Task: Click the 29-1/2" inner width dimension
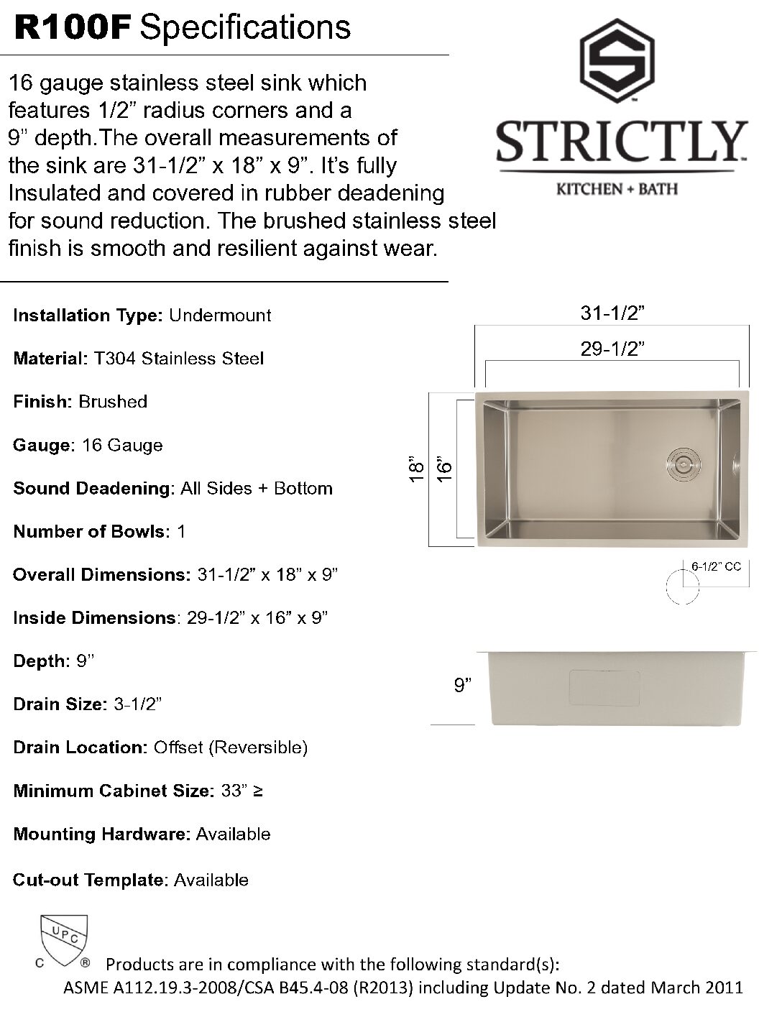tap(612, 349)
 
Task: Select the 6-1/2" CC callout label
tap(716, 566)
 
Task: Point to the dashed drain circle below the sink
tap(682, 586)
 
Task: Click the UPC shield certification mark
tap(64, 937)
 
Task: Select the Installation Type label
tap(89, 315)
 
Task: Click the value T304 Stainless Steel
tap(179, 358)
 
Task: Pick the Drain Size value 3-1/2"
tap(137, 704)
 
